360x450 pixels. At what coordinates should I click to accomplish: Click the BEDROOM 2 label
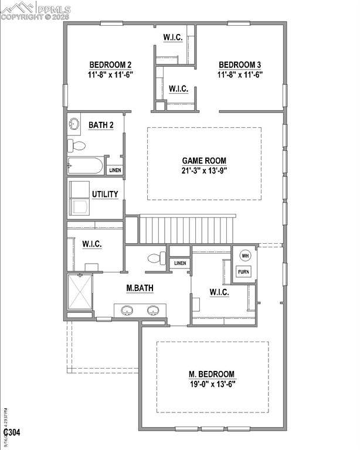[x=110, y=64]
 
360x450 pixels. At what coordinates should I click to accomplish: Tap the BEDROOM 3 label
[x=240, y=64]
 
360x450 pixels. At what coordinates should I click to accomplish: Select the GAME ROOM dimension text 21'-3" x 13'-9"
[x=203, y=171]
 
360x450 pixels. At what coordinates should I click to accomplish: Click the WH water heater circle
[x=245, y=255]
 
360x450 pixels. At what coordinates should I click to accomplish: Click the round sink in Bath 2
[x=74, y=124]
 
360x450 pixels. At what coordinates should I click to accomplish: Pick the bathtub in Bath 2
[x=86, y=165]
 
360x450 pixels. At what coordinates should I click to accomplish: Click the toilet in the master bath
[x=155, y=258]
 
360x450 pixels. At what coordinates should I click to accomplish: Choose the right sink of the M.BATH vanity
[x=154, y=310]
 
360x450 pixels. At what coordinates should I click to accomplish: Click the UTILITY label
[x=105, y=195]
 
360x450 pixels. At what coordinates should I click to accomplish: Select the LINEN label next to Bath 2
[x=115, y=170]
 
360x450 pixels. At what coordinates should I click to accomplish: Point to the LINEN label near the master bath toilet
[x=180, y=263]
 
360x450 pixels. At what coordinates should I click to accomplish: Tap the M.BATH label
[x=140, y=288]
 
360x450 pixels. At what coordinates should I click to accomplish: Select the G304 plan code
[x=12, y=433]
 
